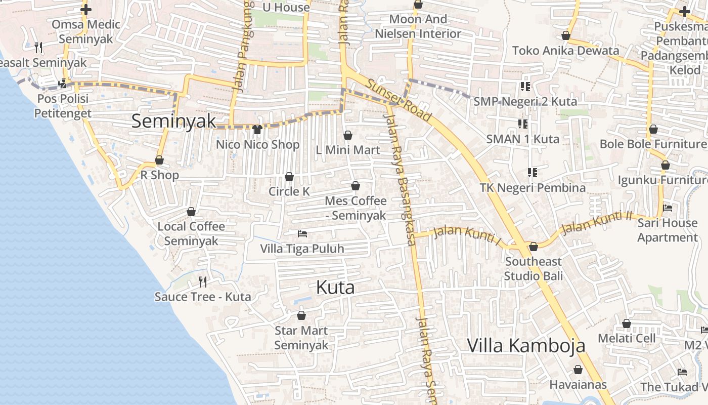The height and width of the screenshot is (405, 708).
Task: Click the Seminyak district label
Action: tap(173, 121)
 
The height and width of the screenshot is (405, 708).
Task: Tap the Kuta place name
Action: tap(335, 288)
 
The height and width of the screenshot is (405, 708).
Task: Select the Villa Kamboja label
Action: tap(526, 346)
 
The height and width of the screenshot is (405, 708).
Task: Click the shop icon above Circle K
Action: tap(289, 177)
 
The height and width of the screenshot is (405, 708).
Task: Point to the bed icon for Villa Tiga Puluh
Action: tap(302, 234)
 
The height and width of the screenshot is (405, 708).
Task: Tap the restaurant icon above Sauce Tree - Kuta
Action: tap(203, 281)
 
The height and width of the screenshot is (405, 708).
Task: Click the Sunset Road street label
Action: tap(400, 100)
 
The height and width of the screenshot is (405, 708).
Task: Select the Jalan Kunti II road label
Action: tap(597, 222)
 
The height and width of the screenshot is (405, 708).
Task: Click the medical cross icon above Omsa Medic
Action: tap(86, 9)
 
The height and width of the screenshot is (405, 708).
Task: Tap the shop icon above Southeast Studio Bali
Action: tap(533, 247)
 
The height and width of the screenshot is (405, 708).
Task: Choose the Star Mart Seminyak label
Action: tap(301, 338)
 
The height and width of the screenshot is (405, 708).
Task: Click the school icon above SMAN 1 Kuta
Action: tap(522, 124)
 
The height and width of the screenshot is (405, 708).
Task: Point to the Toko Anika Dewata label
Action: tap(565, 51)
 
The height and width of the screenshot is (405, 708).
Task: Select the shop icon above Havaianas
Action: tap(578, 370)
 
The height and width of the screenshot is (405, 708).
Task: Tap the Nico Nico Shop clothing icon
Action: tap(257, 130)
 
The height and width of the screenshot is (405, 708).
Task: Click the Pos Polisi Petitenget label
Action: tap(63, 106)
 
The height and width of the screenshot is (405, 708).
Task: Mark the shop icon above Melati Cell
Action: tap(627, 323)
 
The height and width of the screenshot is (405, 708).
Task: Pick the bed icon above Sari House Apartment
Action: tap(668, 208)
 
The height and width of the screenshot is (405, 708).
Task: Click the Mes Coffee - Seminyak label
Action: tap(356, 208)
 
